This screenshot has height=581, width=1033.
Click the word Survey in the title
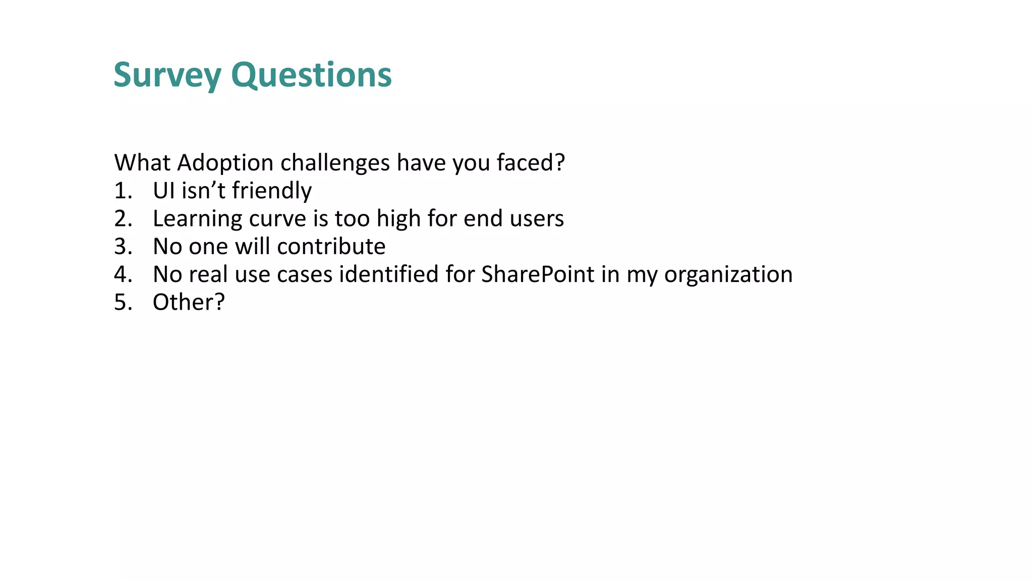coord(167,75)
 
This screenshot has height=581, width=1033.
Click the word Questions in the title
coord(311,75)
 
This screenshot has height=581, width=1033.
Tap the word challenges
coord(335,163)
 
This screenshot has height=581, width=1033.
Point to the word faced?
coord(531,163)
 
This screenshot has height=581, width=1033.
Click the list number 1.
coord(123,191)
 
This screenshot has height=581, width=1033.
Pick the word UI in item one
coord(163,191)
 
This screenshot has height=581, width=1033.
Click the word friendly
coord(271,191)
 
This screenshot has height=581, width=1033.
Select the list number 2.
coord(123,219)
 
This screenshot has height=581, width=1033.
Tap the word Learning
coord(197,219)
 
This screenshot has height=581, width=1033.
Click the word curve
coord(277,219)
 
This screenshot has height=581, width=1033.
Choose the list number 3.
coord(123,247)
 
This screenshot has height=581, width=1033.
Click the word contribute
coord(331,247)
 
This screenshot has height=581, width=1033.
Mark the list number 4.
coord(123,274)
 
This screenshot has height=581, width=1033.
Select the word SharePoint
coord(538,274)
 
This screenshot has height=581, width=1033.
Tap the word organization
coord(728,274)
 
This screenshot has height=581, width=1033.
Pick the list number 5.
coord(123,303)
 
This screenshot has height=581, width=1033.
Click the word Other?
coord(188,303)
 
